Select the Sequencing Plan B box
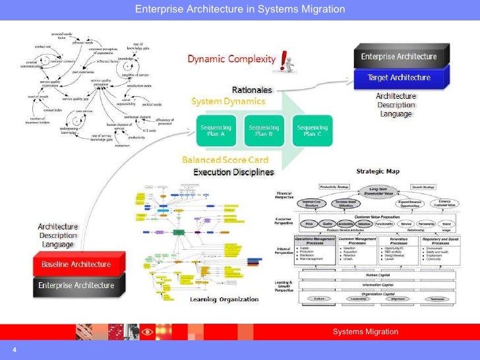click(x=264, y=130)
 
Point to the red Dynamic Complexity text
click(x=231, y=59)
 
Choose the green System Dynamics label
click(x=228, y=102)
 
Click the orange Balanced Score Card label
click(x=224, y=160)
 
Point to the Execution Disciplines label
click(x=233, y=172)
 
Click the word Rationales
click(x=252, y=90)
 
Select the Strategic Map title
click(x=378, y=171)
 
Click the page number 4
click(x=13, y=349)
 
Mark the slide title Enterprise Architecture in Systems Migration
click(x=240, y=9)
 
